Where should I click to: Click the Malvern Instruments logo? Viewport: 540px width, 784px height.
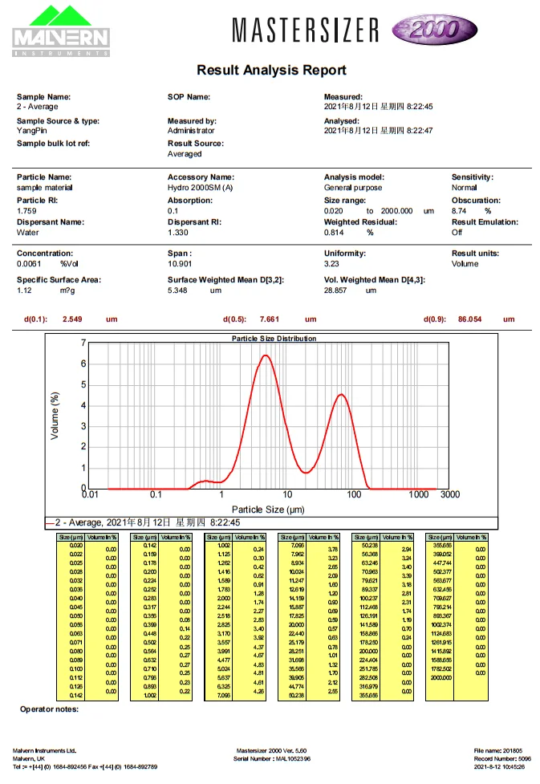click(x=61, y=30)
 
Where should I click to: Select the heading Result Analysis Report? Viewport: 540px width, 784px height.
click(x=271, y=71)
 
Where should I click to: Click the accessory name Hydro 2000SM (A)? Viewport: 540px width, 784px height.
click(x=200, y=187)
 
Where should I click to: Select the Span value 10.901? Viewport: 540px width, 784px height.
click(x=181, y=263)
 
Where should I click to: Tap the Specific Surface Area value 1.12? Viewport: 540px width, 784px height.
click(x=24, y=290)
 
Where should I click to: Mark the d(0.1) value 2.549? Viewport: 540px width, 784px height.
click(x=73, y=319)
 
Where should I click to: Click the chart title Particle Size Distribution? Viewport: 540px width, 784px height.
click(x=274, y=339)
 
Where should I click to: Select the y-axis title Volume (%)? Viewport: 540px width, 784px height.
click(x=55, y=415)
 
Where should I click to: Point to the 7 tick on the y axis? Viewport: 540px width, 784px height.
click(x=83, y=343)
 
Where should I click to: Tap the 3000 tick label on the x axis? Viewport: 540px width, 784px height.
click(x=450, y=495)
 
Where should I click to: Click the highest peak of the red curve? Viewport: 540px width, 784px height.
click(x=264, y=355)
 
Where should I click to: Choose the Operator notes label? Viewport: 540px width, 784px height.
click(x=49, y=709)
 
